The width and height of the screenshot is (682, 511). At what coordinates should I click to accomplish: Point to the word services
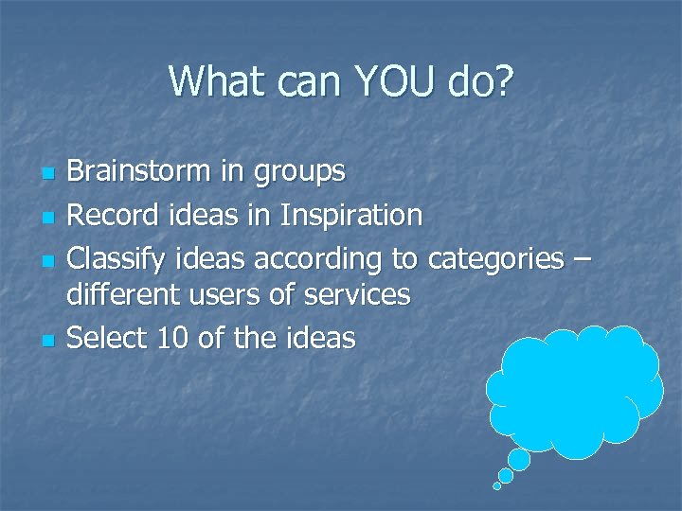[x=357, y=295]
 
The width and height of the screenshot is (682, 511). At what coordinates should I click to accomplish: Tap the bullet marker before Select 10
[x=46, y=340]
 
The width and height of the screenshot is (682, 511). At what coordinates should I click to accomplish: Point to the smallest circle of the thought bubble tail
[x=496, y=486]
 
